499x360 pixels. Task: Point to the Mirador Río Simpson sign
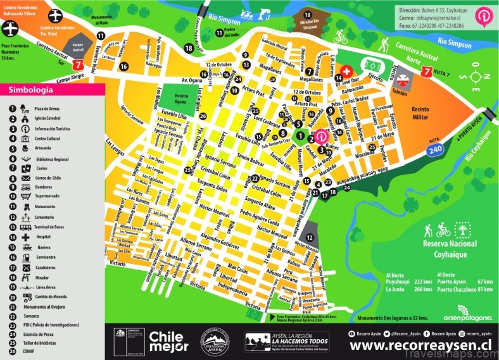coord(308,25)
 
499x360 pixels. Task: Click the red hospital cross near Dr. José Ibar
coord(346,71)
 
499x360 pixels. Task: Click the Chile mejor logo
coord(168,341)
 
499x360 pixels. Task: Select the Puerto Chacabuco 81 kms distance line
coord(457,290)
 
